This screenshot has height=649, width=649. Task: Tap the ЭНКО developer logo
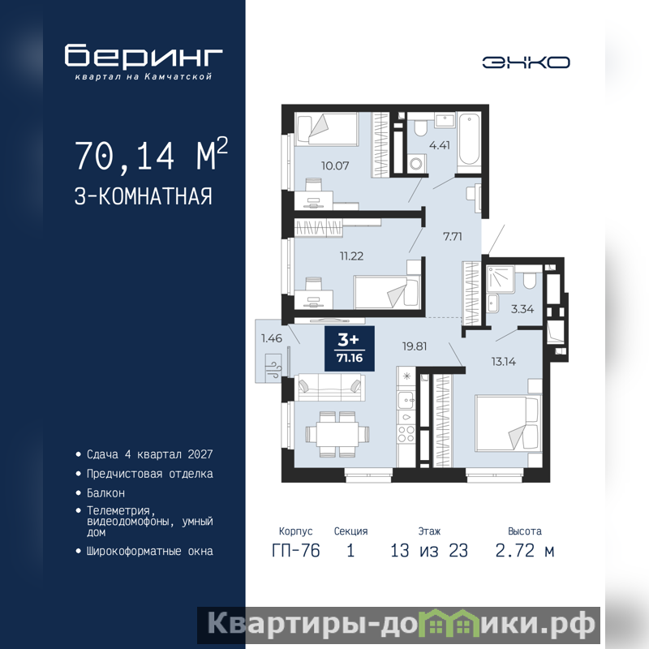pos(526,62)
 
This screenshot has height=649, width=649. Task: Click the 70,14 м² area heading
pos(151,154)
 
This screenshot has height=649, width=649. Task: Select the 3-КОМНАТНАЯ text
pos(144,196)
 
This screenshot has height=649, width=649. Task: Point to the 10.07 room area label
pos(335,165)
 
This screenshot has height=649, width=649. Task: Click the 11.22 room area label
pos(351,256)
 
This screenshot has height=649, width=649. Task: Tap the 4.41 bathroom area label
pos(439,145)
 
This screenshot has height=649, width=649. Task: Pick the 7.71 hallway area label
pos(452,236)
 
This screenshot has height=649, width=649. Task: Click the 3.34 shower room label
pos(522,309)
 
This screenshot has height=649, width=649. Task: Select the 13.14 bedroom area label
pos(503,361)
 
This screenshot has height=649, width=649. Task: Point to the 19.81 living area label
pos(415,346)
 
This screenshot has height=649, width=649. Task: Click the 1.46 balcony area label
pos(272,338)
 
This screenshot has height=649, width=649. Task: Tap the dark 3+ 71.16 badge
pos(350,349)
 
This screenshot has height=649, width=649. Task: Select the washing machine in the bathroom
pos(416,164)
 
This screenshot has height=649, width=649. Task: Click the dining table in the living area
pos(337,434)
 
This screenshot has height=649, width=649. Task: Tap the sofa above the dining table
pos(330,387)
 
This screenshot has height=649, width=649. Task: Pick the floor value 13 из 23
pos(429,551)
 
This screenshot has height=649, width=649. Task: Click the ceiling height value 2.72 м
pos(524,551)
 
